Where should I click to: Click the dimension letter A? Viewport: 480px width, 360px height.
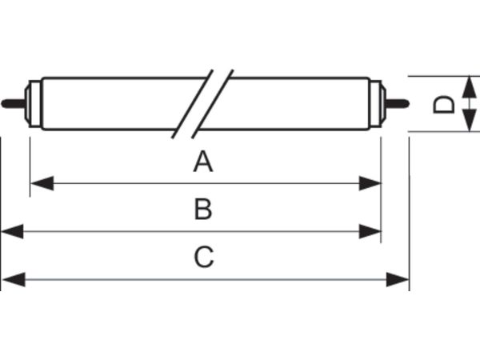[x=203, y=162]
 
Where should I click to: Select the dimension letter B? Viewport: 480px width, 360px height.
[x=203, y=210]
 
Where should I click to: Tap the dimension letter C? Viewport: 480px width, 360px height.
[x=203, y=257]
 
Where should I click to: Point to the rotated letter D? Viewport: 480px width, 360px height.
[x=444, y=104]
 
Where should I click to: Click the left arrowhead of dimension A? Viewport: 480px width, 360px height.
[x=42, y=183]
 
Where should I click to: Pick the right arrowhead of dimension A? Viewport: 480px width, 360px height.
[x=370, y=183]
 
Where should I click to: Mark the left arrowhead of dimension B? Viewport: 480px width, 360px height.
[x=12, y=231]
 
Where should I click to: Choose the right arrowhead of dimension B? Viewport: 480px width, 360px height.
[x=370, y=231]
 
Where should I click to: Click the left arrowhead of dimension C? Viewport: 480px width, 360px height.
[x=14, y=279]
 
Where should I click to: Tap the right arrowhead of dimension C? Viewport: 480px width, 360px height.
[x=398, y=279]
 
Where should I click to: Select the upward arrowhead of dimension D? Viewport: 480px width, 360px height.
[x=469, y=87]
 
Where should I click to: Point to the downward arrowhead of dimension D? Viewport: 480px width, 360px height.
[x=469, y=120]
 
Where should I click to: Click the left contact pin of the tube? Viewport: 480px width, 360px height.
[x=14, y=103]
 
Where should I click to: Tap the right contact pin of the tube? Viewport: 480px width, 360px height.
[x=397, y=103]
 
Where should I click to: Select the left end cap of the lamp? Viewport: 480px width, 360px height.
[x=33, y=103]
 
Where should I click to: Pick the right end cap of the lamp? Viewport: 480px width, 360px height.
[x=378, y=103]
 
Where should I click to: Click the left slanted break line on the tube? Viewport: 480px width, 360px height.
[x=192, y=104]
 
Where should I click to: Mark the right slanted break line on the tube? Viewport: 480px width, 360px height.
[x=213, y=104]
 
